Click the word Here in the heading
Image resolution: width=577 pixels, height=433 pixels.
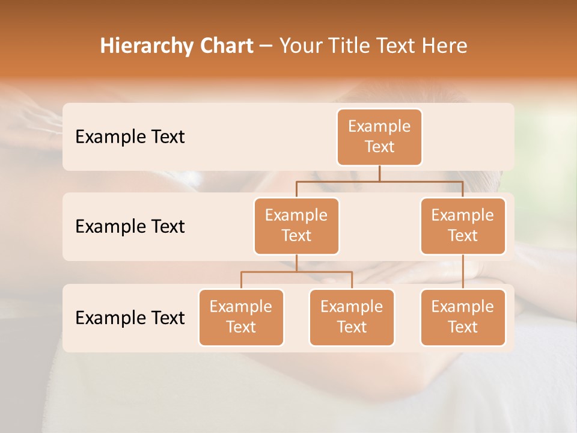pyautogui.click(x=444, y=46)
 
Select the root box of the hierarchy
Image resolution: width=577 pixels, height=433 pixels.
pyautogui.click(x=379, y=137)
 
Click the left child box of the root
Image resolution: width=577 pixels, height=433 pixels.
pyautogui.click(x=296, y=226)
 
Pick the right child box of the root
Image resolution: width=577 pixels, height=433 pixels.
pyautogui.click(x=463, y=226)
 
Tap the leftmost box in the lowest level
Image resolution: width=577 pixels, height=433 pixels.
pyautogui.click(x=241, y=317)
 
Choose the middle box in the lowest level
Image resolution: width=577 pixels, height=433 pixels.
pyautogui.click(x=352, y=317)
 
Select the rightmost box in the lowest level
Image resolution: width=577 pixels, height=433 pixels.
pyautogui.click(x=463, y=317)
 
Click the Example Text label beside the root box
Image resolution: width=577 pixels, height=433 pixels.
pyautogui.click(x=130, y=137)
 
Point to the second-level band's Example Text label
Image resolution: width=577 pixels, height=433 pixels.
pyautogui.click(x=130, y=226)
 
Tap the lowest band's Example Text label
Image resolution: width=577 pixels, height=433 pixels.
pyautogui.click(x=130, y=318)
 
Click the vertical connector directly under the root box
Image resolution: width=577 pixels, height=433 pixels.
pyautogui.click(x=379, y=173)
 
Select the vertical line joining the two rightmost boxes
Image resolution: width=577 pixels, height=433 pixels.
pyautogui.click(x=463, y=272)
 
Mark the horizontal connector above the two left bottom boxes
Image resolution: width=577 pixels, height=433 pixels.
pyautogui.click(x=296, y=272)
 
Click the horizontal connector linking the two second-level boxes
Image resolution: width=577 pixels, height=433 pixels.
pyautogui.click(x=379, y=181)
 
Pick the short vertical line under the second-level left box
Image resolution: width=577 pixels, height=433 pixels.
pyautogui.click(x=296, y=263)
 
